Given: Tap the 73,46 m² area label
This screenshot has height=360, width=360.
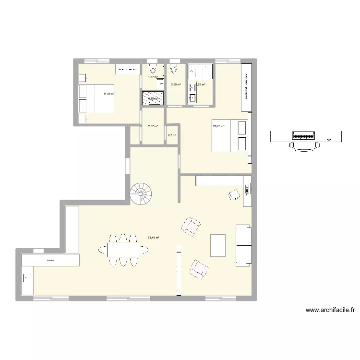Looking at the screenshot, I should tap(154, 238).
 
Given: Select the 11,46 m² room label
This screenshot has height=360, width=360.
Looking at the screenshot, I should tap(108, 94).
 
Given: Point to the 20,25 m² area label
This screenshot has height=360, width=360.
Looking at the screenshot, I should tap(219, 127).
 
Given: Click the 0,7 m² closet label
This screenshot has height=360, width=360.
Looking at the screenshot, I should tap(172, 135).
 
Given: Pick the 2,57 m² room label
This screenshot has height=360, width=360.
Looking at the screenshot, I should tap(153, 126).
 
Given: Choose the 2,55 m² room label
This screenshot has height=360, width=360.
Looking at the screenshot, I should tap(176, 84).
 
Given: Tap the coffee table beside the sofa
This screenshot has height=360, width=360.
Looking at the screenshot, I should tap(217, 245).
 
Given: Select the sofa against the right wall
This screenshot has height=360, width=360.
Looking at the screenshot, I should tap(243, 245).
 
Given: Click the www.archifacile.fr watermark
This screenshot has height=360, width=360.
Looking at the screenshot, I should tap(330, 310).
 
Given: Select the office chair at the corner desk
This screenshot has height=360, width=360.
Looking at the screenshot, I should tap(235, 194).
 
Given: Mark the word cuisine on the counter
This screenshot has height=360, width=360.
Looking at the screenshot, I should tap(50, 261).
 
